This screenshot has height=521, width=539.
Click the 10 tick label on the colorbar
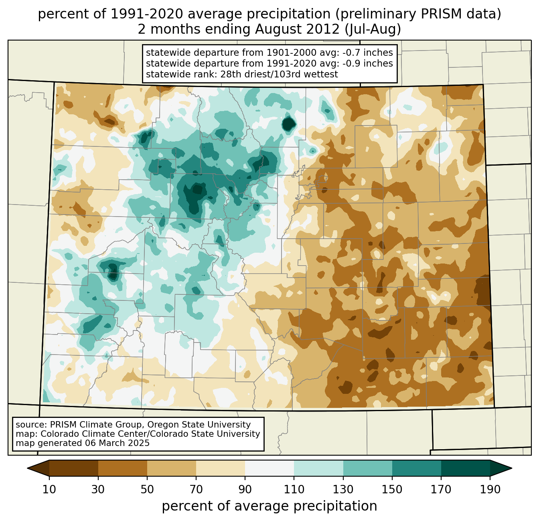point(49,489)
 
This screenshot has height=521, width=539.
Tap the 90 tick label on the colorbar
point(245,489)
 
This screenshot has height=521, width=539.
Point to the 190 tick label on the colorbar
point(490,489)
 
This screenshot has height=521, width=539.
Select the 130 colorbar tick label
point(343,489)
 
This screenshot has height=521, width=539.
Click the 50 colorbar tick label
point(147,489)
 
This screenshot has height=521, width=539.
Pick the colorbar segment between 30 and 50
point(123,468)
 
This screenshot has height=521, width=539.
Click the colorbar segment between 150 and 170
point(417,468)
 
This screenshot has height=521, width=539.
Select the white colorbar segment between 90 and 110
point(269,468)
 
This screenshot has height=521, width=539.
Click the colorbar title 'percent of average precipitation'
point(269,506)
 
